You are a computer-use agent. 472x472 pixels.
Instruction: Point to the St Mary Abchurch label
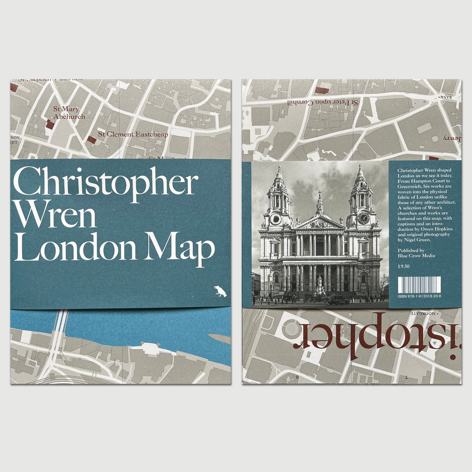tap(69, 113)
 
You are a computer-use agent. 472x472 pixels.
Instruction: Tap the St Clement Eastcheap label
tap(133, 134)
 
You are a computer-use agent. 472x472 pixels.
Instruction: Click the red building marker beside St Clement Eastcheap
tap(92, 140)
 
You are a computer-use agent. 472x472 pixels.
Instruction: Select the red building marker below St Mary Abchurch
tap(50, 124)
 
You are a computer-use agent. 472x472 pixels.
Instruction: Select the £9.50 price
tap(404, 266)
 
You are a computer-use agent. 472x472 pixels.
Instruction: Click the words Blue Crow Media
tap(416, 255)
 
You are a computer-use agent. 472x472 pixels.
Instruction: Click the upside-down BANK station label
tap(446, 97)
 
